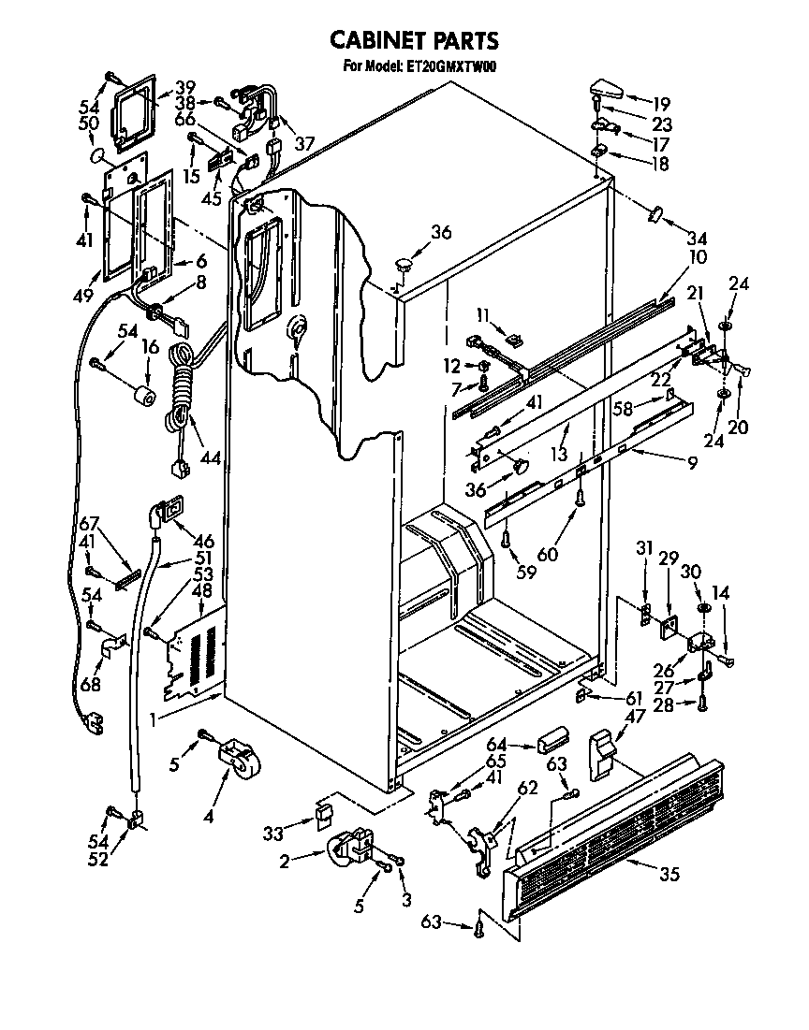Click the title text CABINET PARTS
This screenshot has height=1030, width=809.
click(x=413, y=40)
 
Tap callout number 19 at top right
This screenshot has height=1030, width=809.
click(x=662, y=103)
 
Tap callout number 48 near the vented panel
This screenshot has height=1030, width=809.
click(x=200, y=591)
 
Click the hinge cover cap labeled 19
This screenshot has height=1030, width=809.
click(x=608, y=94)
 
